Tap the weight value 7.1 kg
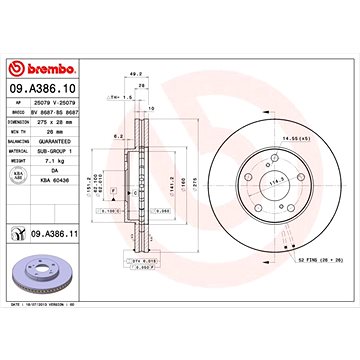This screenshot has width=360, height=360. (55, 158)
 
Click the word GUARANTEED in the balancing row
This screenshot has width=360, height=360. (57, 141)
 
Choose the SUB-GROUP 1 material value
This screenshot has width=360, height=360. (57, 149)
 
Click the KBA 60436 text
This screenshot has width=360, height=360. (57, 176)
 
